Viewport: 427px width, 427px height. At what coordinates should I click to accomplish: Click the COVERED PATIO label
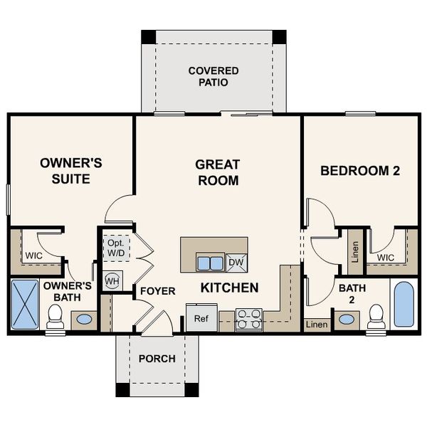tap(213, 76)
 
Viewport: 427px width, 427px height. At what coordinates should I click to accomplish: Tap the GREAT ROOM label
tap(217, 172)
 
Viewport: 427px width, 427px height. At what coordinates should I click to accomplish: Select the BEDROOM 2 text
tap(359, 171)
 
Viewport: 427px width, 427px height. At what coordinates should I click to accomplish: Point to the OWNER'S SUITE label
tap(70, 171)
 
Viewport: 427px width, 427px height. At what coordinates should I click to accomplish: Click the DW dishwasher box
tap(236, 263)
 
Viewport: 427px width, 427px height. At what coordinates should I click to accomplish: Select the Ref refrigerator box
tap(201, 318)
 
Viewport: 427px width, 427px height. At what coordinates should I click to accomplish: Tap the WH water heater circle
tap(112, 280)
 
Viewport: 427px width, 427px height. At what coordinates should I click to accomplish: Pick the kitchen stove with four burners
tap(248, 320)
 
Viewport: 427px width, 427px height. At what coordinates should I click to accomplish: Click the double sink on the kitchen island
tap(210, 263)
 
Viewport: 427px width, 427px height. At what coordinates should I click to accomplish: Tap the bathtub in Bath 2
tap(404, 304)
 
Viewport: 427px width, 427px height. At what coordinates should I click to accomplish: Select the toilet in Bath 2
tap(376, 316)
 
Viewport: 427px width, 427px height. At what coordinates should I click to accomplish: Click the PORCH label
tap(157, 359)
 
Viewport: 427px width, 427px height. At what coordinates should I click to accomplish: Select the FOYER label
tap(157, 291)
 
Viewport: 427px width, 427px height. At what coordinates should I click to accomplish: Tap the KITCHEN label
tap(228, 288)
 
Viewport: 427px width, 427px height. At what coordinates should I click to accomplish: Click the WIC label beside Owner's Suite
tap(33, 255)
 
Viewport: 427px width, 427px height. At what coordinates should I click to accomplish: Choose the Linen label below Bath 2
tap(317, 325)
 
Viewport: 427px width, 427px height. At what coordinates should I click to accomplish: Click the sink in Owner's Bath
tap(84, 319)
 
